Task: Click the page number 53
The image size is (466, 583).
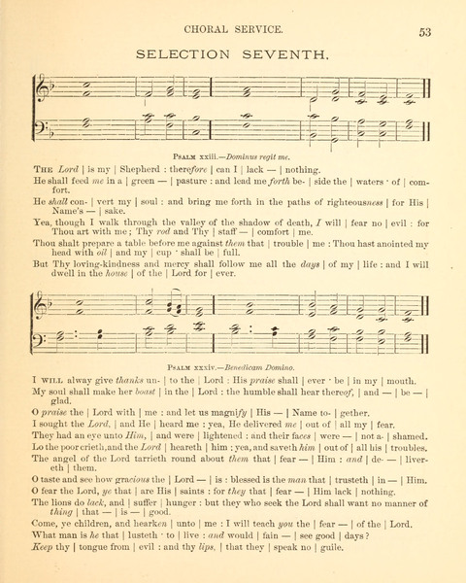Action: [x=424, y=32]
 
